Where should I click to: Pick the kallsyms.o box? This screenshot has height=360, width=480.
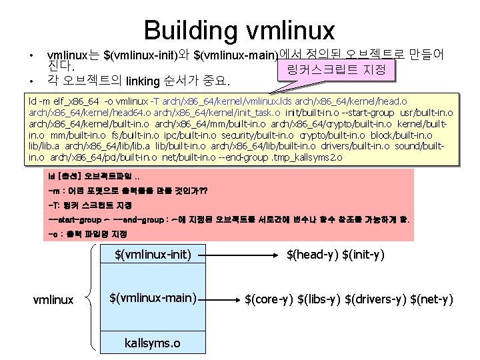coord(153,343)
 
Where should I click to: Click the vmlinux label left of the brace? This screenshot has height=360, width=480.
coord(54,300)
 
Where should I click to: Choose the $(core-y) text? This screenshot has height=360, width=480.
coord(269,299)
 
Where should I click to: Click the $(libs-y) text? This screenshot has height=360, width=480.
coord(319,299)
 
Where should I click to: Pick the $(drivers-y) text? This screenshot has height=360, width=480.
coord(375,299)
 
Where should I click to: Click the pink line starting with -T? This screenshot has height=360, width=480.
coord(90,204)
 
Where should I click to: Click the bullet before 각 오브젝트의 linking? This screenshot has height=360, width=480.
coord(31,82)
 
